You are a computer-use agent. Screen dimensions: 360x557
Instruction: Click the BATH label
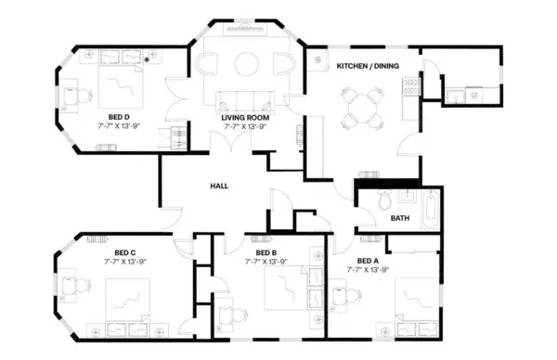pyautogui.click(x=399, y=219)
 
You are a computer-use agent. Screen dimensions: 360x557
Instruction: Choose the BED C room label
pyautogui.click(x=125, y=252)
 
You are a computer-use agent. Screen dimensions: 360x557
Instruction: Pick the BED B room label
pyautogui.click(x=266, y=252)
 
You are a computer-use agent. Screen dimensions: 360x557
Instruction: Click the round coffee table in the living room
pyautogui.click(x=246, y=64)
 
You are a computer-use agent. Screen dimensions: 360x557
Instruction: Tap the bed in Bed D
pyautogui.click(x=122, y=85)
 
